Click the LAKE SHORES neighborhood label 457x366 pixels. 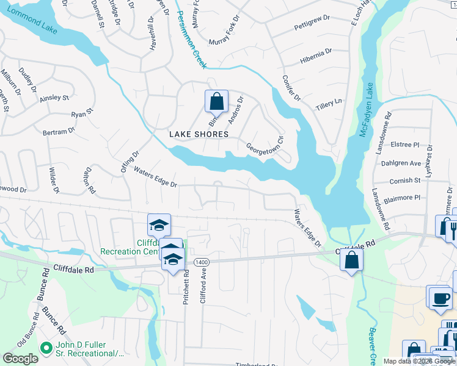(x=199, y=134)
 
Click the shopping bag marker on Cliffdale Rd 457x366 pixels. (x=352, y=260)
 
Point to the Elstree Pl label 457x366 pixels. (x=407, y=145)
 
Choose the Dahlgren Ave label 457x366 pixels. (x=406, y=163)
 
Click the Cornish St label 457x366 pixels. (x=405, y=181)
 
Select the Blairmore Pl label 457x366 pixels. (x=404, y=198)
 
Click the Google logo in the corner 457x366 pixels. (x=20, y=359)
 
